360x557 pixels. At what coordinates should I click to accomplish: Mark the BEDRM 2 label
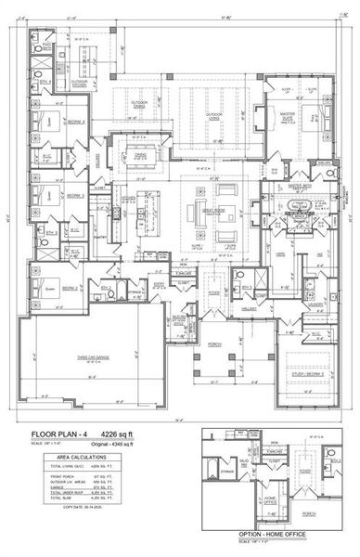point(70,289)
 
